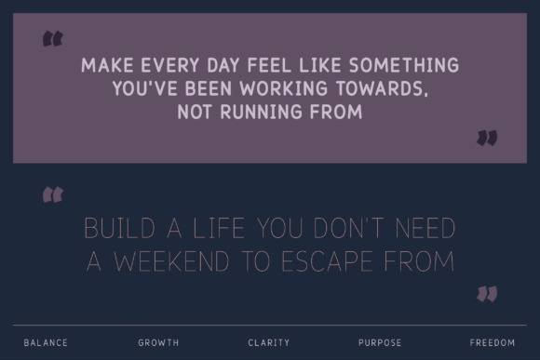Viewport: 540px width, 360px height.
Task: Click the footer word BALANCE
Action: pyautogui.click(x=46, y=343)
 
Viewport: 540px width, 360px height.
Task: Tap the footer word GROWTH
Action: pyautogui.click(x=158, y=343)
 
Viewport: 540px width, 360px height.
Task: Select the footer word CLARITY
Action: pyautogui.click(x=269, y=343)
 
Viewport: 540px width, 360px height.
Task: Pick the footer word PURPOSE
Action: pyautogui.click(x=380, y=343)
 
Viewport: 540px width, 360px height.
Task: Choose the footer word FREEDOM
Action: pyautogui.click(x=493, y=343)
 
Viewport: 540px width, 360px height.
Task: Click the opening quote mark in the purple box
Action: pyautogui.click(x=53, y=38)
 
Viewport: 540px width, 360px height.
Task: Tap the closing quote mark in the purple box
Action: pyautogui.click(x=487, y=138)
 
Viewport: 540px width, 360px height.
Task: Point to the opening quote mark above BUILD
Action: pyautogui.click(x=53, y=194)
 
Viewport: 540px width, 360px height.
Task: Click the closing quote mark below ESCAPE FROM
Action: pyautogui.click(x=487, y=294)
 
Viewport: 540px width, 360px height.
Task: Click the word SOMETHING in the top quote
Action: pyautogui.click(x=404, y=65)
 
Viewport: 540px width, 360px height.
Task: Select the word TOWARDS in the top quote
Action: pyautogui.click(x=383, y=88)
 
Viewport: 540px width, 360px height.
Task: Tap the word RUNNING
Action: pyautogui.click(x=261, y=112)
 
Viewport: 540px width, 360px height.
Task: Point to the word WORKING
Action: pyautogui.click(x=283, y=88)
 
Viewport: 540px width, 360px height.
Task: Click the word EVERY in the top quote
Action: pyautogui.click(x=170, y=65)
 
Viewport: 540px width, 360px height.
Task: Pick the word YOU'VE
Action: pyautogui.click(x=144, y=88)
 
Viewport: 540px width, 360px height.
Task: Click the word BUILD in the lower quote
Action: pyautogui.click(x=120, y=228)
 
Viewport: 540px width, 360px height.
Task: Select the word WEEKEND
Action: pyautogui.click(x=171, y=261)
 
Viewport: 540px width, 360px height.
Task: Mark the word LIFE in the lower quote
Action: pyautogui.click(x=219, y=228)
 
